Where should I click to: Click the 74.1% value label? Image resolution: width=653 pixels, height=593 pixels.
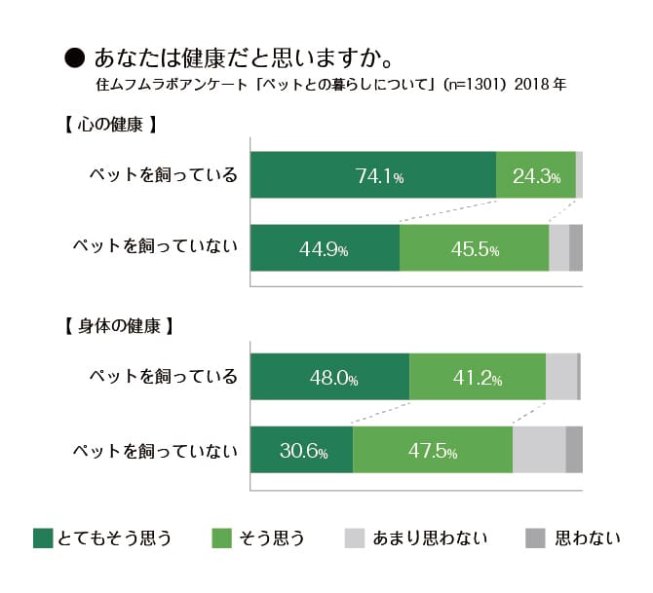coord(379,176)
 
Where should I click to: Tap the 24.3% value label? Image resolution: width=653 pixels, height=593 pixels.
coord(536,176)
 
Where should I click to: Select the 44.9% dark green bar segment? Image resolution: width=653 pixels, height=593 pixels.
coord(325,247)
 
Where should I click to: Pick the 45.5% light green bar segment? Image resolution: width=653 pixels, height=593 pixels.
coord(475,247)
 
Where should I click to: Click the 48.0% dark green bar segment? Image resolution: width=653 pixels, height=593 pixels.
coord(329,377)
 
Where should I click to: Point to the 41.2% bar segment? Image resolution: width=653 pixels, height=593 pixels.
coord(478,377)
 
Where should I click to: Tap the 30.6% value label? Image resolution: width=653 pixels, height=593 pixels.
coord(303,451)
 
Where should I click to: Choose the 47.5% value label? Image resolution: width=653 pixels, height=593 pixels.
coord(433,451)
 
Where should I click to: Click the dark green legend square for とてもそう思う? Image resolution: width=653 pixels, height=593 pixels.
coord(43,537)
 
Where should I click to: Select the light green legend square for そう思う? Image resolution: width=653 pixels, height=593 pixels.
coord(222,537)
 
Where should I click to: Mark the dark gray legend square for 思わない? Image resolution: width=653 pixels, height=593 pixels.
coord(535,537)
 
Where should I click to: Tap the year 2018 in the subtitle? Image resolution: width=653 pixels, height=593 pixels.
coord(530,85)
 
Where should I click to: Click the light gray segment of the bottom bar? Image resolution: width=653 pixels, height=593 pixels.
coord(539,450)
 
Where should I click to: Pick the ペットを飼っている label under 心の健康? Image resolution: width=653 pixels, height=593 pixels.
coord(163,176)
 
